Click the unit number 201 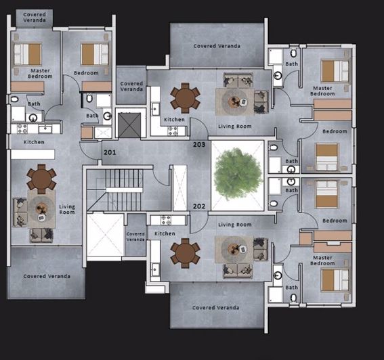click(x=110, y=153)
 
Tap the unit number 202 click(x=199, y=206)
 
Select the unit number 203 click(x=199, y=145)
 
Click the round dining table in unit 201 click(x=41, y=180)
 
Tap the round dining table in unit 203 click(x=185, y=97)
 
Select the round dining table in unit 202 click(x=185, y=253)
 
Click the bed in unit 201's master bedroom click(x=28, y=54)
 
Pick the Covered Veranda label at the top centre click(x=215, y=46)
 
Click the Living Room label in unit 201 click(x=67, y=210)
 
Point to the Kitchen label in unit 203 click(x=175, y=120)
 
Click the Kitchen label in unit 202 click(x=165, y=233)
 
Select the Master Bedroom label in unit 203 click(x=322, y=91)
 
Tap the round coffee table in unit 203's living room click(x=235, y=102)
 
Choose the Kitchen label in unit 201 click(x=34, y=142)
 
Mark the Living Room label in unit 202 click(x=234, y=225)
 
